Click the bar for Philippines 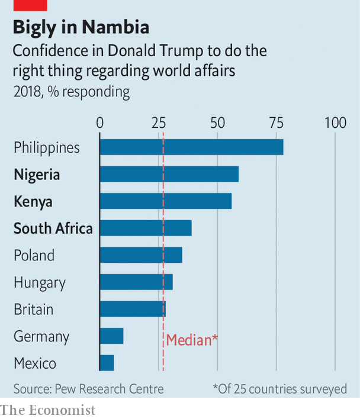point(192,147)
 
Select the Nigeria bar point(169,174)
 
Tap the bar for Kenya point(166,201)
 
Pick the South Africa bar point(146,228)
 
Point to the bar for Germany point(111,336)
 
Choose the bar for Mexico point(107,363)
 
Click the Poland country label point(34,255)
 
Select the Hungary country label point(40,283)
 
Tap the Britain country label point(34,310)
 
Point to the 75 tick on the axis point(277,123)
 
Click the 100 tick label point(335,123)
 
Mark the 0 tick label point(100,123)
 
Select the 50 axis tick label point(217,123)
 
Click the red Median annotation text point(192,340)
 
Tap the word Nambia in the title point(115,27)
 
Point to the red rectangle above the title point(30,5)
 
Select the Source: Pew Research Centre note point(88,389)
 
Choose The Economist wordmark point(47,410)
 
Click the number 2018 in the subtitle point(27,92)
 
